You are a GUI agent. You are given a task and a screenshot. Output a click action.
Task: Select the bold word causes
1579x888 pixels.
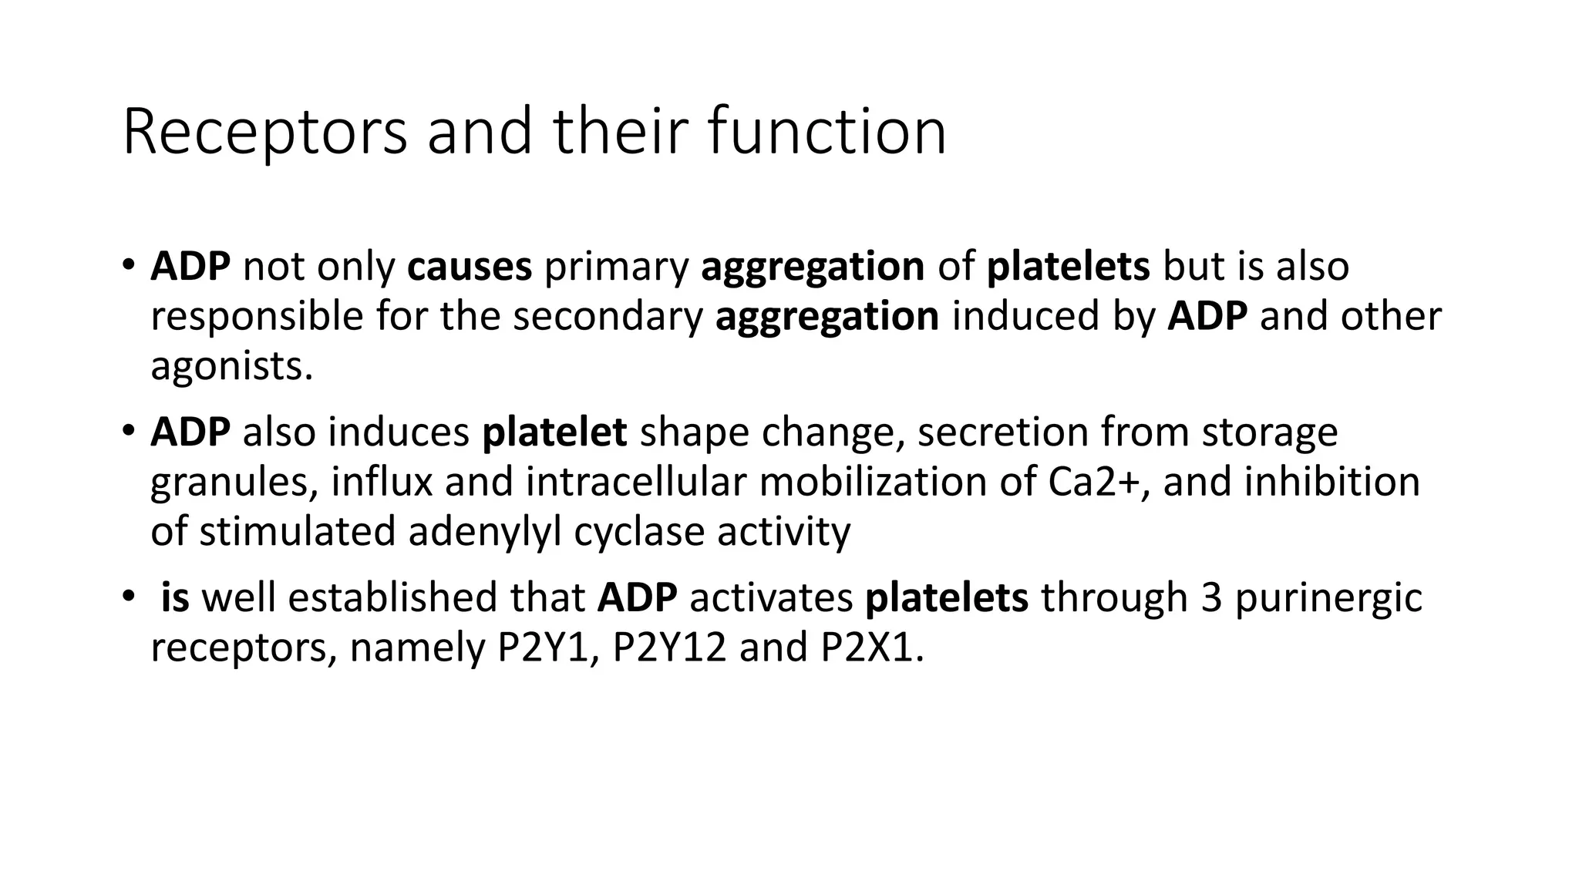[469, 267]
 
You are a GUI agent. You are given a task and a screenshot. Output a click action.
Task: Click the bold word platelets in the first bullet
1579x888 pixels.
[1068, 267]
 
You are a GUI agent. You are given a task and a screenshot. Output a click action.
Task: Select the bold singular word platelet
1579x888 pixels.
[554, 432]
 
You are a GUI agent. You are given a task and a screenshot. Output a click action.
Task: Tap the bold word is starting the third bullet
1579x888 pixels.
[175, 598]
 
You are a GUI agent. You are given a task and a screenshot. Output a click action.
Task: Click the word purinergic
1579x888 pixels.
[1328, 599]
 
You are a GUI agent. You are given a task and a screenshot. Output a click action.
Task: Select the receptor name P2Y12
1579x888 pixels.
[668, 647]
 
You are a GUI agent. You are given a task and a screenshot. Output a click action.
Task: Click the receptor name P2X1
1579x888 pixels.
[870, 647]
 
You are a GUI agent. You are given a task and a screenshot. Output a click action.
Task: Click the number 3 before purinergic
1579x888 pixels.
[1211, 598]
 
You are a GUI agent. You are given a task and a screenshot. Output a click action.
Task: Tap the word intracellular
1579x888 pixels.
[636, 482]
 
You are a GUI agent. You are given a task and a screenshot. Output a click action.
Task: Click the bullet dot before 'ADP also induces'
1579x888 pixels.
[128, 431]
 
